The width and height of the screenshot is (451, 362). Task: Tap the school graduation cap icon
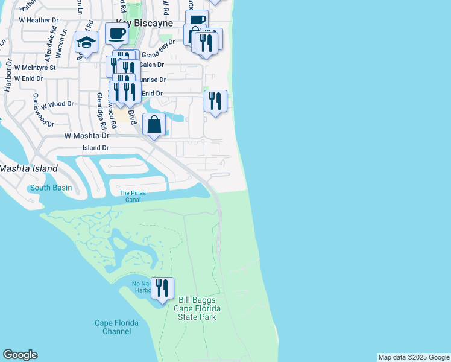pyautogui.click(x=87, y=43)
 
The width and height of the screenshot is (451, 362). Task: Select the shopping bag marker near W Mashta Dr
pyautogui.click(x=154, y=124)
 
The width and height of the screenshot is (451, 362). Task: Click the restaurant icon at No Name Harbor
pyautogui.click(x=162, y=288)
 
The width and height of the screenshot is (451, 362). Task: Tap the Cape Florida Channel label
pyautogui.click(x=116, y=327)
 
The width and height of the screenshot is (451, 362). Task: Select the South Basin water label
pyautogui.click(x=51, y=188)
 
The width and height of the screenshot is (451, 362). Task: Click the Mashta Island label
pyautogui.click(x=28, y=169)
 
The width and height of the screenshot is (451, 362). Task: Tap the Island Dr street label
pyautogui.click(x=96, y=148)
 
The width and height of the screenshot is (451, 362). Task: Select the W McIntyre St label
pyautogui.click(x=35, y=68)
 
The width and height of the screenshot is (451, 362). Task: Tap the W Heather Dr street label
pyautogui.click(x=38, y=20)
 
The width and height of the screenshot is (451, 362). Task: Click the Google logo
pyautogui.click(x=20, y=355)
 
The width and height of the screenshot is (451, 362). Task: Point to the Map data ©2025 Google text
pyautogui.click(x=414, y=357)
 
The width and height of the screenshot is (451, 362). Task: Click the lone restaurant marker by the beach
pyautogui.click(x=215, y=101)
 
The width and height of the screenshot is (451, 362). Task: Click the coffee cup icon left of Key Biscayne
pyautogui.click(x=116, y=33)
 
